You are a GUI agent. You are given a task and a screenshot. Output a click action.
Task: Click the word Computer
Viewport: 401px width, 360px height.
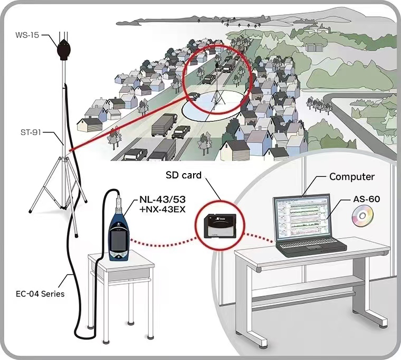[x=352, y=177]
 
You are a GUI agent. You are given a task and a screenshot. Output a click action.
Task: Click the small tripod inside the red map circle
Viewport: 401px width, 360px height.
[x=216, y=98]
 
